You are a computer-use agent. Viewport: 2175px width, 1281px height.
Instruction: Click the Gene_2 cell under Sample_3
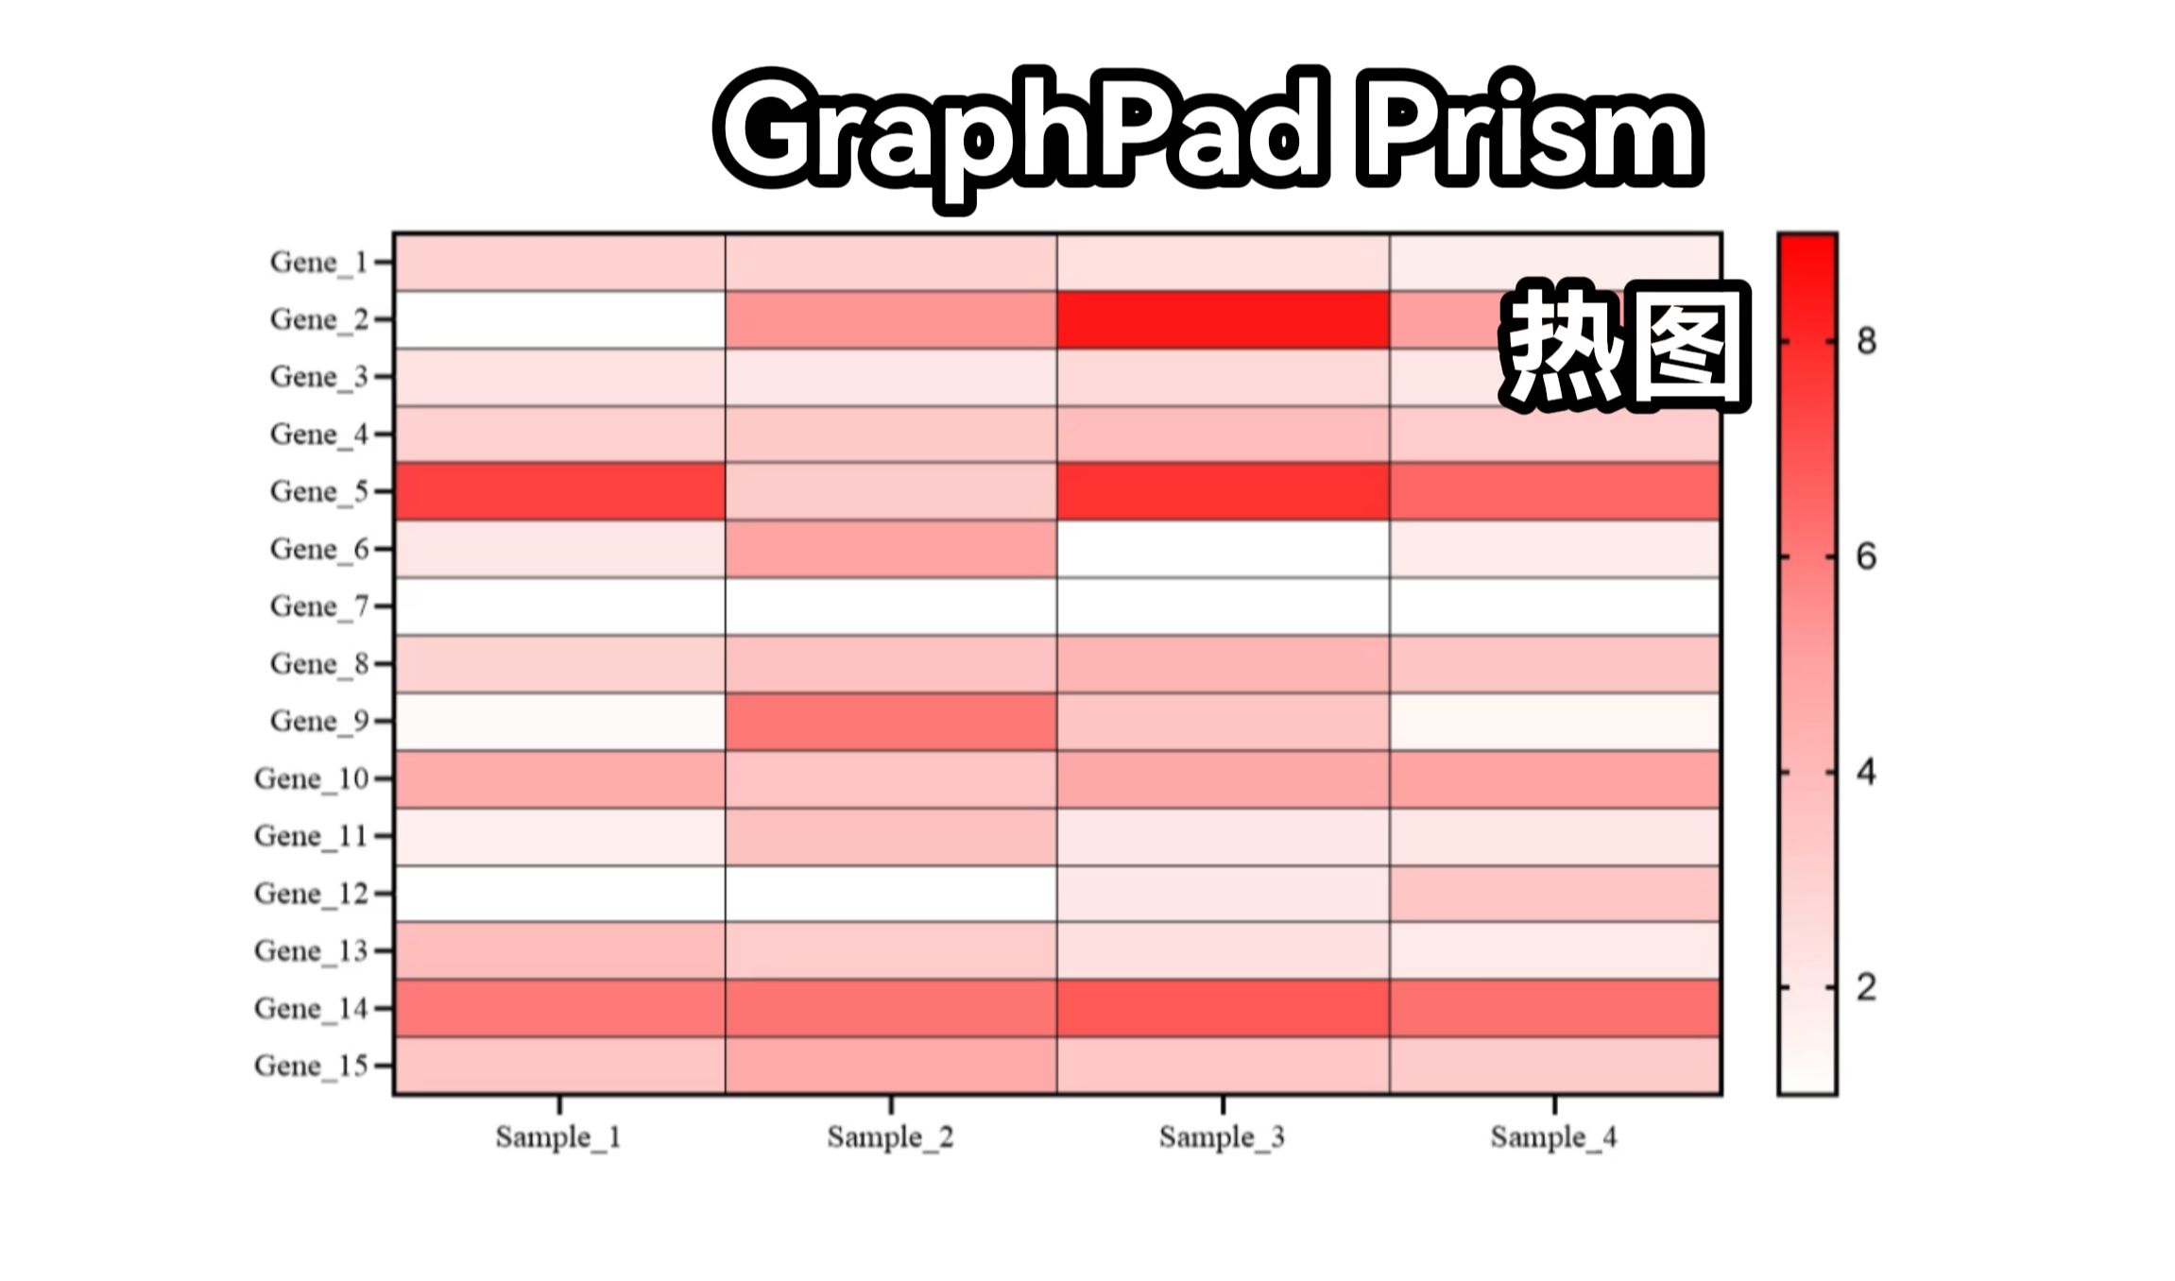point(1223,319)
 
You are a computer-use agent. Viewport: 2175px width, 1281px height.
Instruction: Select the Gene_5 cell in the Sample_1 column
point(559,491)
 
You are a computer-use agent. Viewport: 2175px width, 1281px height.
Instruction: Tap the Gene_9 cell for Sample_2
point(890,721)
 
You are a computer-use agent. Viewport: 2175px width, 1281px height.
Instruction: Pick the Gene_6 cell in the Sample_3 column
point(1223,549)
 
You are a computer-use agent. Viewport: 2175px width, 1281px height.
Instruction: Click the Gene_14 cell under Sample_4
point(1555,1008)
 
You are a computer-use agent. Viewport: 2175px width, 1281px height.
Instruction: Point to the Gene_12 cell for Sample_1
point(559,893)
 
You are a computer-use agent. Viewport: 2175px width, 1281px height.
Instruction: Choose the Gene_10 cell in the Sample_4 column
point(1555,778)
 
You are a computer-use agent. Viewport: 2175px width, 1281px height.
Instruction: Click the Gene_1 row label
point(318,262)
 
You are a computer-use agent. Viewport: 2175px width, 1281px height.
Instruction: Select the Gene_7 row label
point(318,606)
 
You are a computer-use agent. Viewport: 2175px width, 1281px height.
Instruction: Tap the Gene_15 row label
point(311,1066)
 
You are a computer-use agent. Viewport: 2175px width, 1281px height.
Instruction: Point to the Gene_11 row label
point(311,836)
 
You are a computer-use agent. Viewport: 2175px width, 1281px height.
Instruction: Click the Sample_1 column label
point(558,1136)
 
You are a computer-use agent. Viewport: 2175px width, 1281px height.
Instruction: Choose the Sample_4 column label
point(1554,1136)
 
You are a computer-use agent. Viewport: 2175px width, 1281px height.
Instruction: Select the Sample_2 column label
point(890,1136)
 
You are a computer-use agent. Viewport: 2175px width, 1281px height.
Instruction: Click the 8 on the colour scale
point(1866,341)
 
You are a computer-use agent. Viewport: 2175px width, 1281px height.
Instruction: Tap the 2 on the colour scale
point(1866,988)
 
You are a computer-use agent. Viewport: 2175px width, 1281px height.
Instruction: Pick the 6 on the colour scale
point(1866,557)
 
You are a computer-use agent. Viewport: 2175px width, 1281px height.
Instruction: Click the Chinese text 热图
point(1625,345)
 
